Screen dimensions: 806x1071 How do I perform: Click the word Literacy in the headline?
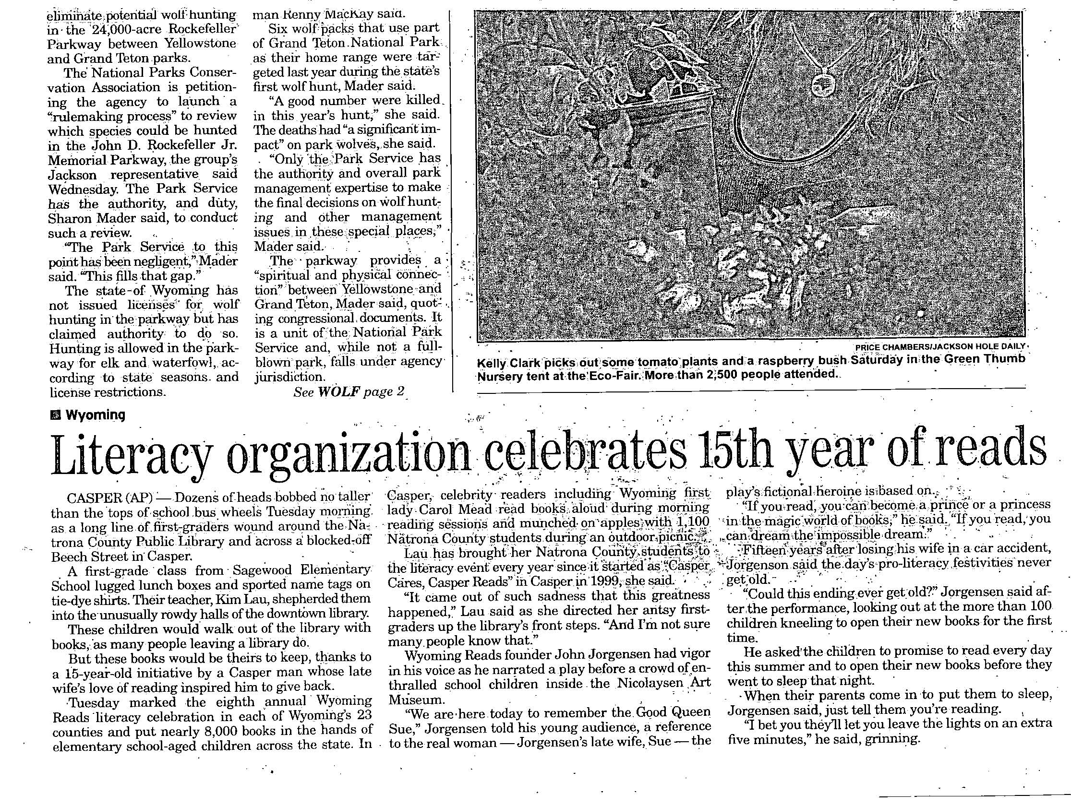tap(131, 454)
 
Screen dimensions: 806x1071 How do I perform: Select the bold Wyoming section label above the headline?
tap(95, 415)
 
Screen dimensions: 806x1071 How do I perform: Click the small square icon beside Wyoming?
tap(56, 415)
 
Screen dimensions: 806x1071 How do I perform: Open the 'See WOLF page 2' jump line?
tap(349, 392)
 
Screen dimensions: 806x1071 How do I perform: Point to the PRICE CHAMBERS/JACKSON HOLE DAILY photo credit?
tap(940, 346)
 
